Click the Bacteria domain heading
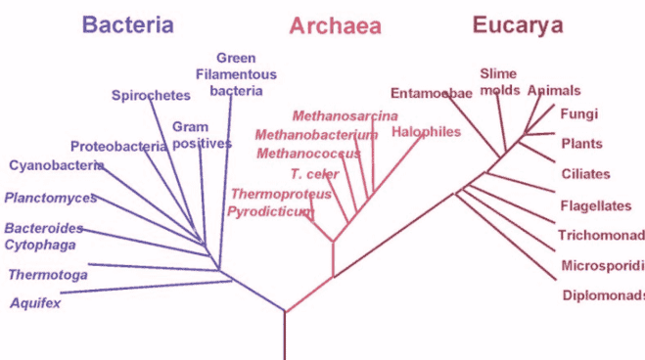pos(127,25)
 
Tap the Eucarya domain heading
pos(518,25)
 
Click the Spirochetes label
pos(150,95)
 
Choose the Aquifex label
pos(35,302)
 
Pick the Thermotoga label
pos(48,275)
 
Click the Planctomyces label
pos(51,198)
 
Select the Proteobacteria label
pos(118,146)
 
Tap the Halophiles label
pos(426,131)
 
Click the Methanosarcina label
pos(332,116)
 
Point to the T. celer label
pos(314,173)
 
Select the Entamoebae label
pos(432,94)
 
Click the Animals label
pos(554,91)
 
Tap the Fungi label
pos(578,113)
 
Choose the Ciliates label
pos(585,174)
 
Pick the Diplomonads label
pos(603,295)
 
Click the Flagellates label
pos(593,206)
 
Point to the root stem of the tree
pos(285,337)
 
